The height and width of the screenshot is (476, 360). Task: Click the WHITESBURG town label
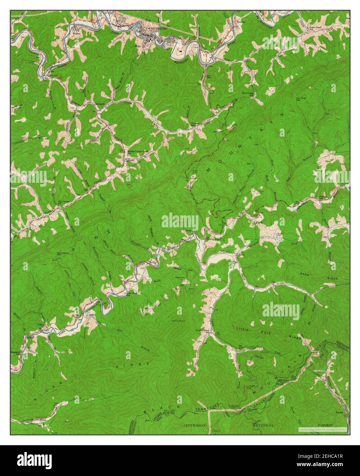pos(157,29)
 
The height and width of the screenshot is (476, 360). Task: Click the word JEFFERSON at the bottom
pos(195,425)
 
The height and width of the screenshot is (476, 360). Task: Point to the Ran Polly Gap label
pos(300,100)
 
